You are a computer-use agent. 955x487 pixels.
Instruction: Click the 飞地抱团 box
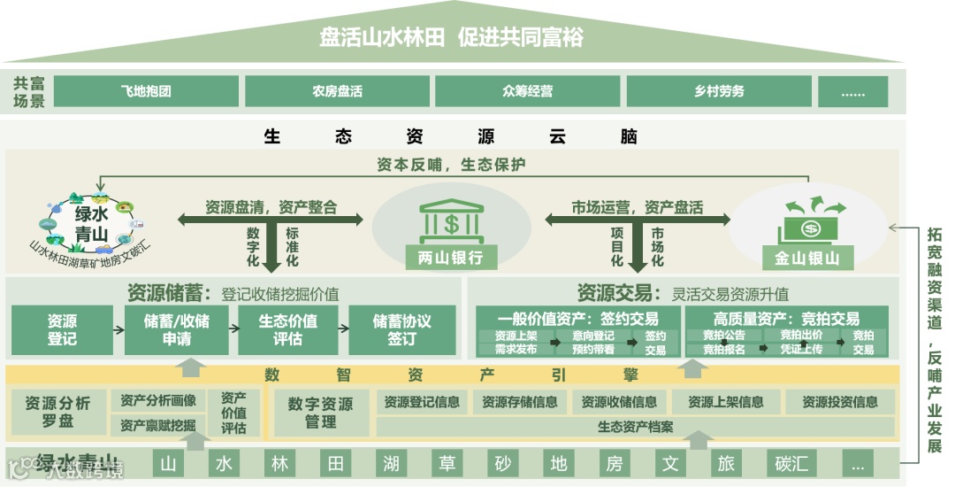[146, 91]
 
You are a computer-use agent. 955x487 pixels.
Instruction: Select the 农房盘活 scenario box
[337, 91]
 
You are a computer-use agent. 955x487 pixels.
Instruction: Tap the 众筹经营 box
[527, 91]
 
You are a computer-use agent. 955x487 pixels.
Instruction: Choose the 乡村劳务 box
[718, 91]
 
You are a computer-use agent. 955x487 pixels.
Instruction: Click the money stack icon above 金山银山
[811, 221]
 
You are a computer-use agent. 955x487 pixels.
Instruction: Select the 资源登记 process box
[62, 330]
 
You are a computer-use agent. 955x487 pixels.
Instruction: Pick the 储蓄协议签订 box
[401, 330]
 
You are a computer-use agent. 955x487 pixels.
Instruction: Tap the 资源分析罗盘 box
[57, 413]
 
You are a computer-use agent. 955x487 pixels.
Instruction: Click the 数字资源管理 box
[320, 413]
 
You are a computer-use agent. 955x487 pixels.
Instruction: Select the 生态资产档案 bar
[635, 427]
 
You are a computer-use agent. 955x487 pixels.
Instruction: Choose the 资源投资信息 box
[840, 402]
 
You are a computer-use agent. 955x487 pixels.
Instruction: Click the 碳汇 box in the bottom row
[791, 463]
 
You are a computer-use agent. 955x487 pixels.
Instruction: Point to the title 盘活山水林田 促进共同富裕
[451, 38]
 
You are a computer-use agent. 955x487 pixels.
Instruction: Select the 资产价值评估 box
[234, 413]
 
